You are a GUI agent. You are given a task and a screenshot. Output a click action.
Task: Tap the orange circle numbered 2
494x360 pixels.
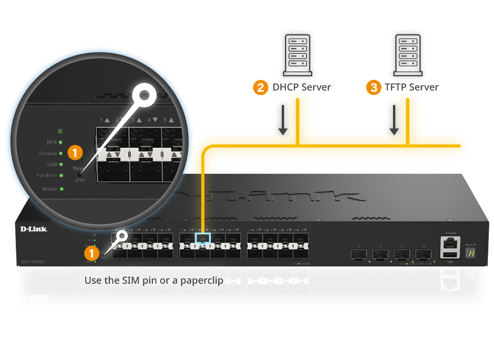pyautogui.click(x=261, y=87)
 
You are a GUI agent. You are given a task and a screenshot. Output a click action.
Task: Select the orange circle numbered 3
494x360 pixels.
pyautogui.click(x=374, y=87)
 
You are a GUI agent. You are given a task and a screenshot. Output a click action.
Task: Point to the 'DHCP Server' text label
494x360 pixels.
pyautogui.click(x=302, y=87)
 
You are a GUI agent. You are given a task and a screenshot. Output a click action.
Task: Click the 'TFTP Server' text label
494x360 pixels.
pyautogui.click(x=412, y=87)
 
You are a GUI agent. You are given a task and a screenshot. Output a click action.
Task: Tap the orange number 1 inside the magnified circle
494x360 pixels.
pyautogui.click(x=75, y=153)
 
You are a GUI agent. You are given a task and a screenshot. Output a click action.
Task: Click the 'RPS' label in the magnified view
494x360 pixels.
pyautogui.click(x=52, y=142)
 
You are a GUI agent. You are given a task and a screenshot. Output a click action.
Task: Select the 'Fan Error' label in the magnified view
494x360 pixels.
pyautogui.click(x=47, y=176)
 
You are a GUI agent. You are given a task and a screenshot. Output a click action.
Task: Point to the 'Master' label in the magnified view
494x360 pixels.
pyautogui.click(x=50, y=189)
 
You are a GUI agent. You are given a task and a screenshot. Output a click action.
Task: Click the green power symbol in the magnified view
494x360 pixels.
pyautogui.click(x=60, y=131)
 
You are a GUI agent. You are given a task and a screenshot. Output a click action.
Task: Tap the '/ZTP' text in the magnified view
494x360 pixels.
pyautogui.click(x=79, y=180)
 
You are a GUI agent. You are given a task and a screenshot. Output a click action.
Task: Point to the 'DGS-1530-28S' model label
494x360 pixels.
pyautogui.click(x=34, y=262)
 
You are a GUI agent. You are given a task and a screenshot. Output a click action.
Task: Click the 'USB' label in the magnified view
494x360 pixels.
pyautogui.click(x=52, y=165)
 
